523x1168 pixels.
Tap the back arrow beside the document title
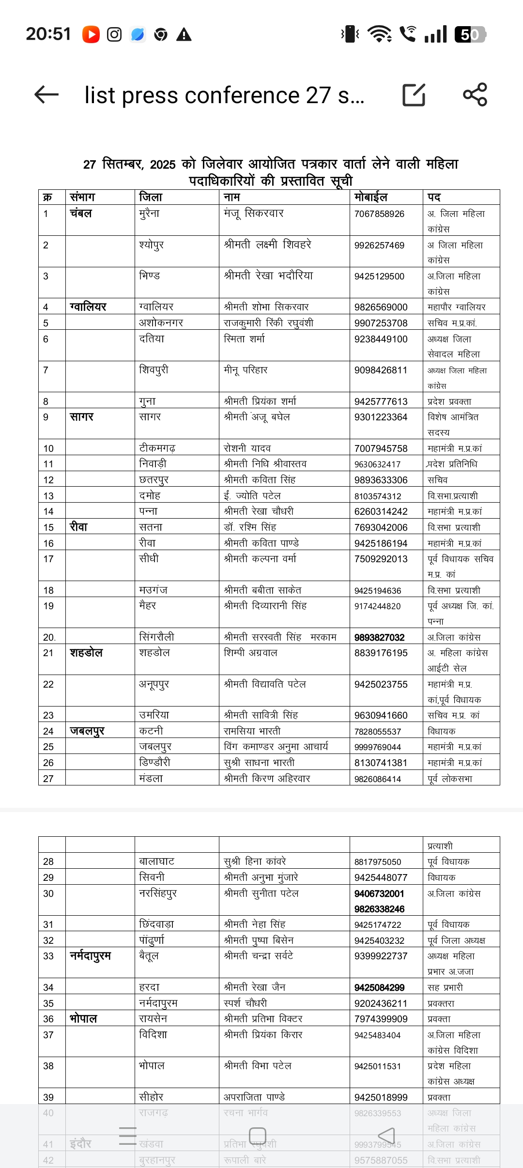coord(47,95)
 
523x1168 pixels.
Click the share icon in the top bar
coord(475,94)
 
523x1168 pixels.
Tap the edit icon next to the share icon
coord(414,95)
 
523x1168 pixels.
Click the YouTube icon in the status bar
coord(91,34)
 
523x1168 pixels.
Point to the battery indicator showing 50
coord(470,34)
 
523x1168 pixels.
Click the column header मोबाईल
coord(371,197)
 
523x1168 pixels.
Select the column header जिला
coord(151,197)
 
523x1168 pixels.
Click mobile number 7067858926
coord(379,214)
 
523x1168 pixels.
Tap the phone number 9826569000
coord(381,307)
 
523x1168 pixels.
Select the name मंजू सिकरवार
coord(254,213)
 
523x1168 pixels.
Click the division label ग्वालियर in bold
coord(88,307)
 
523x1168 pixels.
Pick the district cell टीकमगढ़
coord(157,448)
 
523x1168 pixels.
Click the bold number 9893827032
coord(379,637)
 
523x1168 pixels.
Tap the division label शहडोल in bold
coord(86,653)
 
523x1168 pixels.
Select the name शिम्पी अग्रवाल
coord(250,653)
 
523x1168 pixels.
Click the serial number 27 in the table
coord(48,779)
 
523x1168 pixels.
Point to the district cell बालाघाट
coord(156,861)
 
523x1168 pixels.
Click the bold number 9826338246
coord(379,909)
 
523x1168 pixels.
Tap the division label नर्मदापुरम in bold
coord(91,956)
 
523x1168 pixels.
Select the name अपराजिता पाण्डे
coord(254,1097)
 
